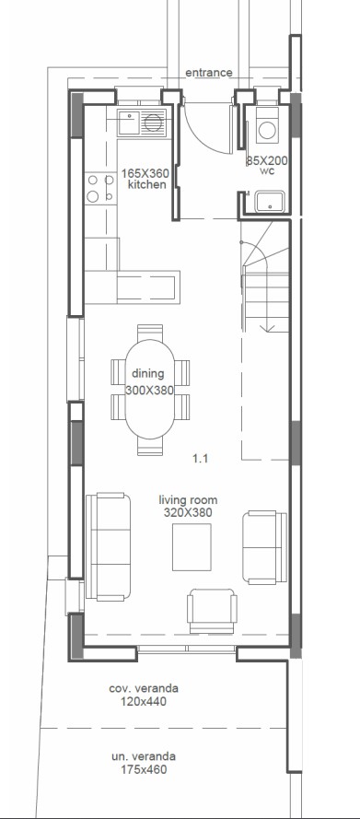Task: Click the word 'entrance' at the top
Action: tap(208, 72)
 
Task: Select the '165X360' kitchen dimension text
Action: tap(146, 172)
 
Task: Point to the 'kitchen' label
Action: tap(146, 185)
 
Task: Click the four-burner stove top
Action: tap(94, 188)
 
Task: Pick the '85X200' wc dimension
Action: tap(267, 160)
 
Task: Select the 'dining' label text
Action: tap(147, 373)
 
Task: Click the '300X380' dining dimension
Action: tap(148, 391)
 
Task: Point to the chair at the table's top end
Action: tap(148, 333)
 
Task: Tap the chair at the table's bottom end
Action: tap(148, 446)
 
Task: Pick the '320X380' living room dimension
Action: tap(188, 511)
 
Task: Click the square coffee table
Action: tap(193, 546)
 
